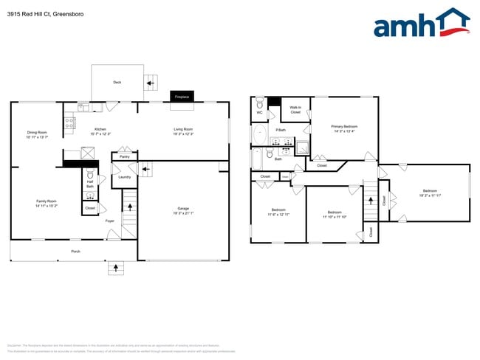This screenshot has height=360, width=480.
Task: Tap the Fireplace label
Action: coord(179,96)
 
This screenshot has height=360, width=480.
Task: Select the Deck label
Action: coord(117,82)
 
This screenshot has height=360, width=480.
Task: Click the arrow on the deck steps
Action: coord(150,83)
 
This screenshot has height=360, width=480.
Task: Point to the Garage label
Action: coord(183,210)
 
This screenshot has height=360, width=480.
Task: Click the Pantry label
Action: coord(124,156)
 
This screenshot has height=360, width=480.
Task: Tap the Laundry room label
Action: coord(124,176)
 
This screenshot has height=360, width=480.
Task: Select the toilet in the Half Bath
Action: coord(89,176)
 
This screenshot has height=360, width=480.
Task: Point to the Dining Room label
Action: coord(37,133)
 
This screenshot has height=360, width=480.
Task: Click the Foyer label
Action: coord(109,221)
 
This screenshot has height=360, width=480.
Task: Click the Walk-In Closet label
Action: coord(295,110)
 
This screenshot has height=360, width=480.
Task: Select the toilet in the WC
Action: coord(259,105)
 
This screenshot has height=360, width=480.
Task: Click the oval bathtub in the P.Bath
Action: coord(260,134)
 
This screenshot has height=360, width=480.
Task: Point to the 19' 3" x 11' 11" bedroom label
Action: coord(430,193)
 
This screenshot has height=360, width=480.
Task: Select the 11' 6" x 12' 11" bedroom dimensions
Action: coord(278,214)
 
